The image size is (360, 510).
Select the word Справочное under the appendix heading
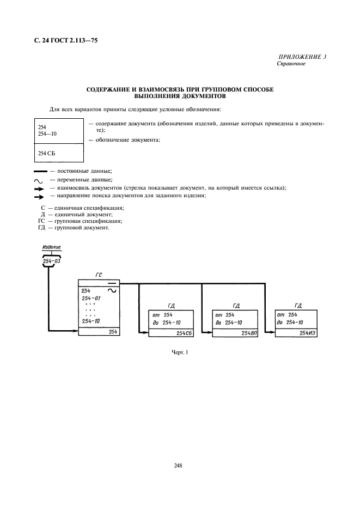pyautogui.click(x=291, y=64)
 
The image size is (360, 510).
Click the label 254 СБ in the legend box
pyautogui.click(x=47, y=153)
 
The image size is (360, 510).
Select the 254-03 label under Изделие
pyautogui.click(x=52, y=262)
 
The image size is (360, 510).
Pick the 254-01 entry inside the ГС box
pyautogui.click(x=91, y=299)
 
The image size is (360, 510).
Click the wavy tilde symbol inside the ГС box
pyautogui.click(x=113, y=291)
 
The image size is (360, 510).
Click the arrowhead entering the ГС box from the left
pyautogui.click(x=75, y=330)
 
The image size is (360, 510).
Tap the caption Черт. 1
pyautogui.click(x=180, y=353)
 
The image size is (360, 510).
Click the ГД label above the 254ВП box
pyautogui.click(x=236, y=306)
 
